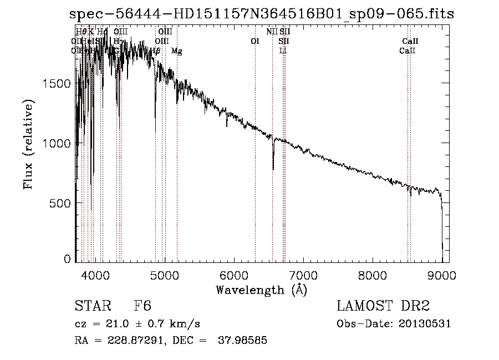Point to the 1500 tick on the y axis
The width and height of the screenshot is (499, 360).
[55, 83]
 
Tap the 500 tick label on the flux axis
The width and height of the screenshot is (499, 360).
[59, 203]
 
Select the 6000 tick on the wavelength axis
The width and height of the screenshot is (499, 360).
[235, 274]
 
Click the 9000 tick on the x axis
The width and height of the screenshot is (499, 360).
[442, 274]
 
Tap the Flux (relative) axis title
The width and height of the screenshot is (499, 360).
[28, 144]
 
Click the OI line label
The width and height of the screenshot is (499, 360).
[255, 41]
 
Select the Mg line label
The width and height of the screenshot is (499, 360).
[176, 50]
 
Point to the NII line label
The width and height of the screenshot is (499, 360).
[272, 32]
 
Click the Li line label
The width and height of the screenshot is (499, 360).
[283, 50]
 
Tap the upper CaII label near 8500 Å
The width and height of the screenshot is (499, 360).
[410, 41]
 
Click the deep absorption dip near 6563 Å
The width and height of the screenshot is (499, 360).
[273, 166]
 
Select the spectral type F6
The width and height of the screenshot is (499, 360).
[142, 307]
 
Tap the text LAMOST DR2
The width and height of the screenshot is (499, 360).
[383, 307]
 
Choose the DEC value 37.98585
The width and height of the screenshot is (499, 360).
[243, 341]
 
